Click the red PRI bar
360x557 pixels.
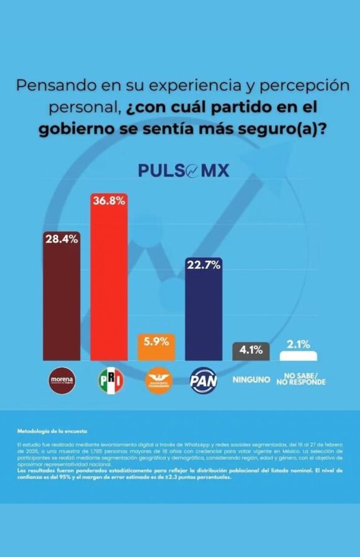(x=109, y=286)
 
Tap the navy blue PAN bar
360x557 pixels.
(x=204, y=317)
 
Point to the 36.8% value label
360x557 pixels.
(x=109, y=200)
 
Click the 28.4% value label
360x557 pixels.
(x=61, y=239)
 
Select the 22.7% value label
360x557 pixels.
(x=204, y=264)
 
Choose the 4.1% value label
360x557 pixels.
(x=251, y=350)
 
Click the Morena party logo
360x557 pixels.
(x=61, y=379)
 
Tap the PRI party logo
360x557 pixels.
(x=110, y=379)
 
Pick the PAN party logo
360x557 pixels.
(x=203, y=379)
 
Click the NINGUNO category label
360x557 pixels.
(x=251, y=379)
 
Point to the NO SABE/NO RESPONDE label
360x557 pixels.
(x=304, y=379)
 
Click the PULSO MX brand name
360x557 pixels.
(x=184, y=170)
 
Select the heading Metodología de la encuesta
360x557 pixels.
(x=52, y=430)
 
